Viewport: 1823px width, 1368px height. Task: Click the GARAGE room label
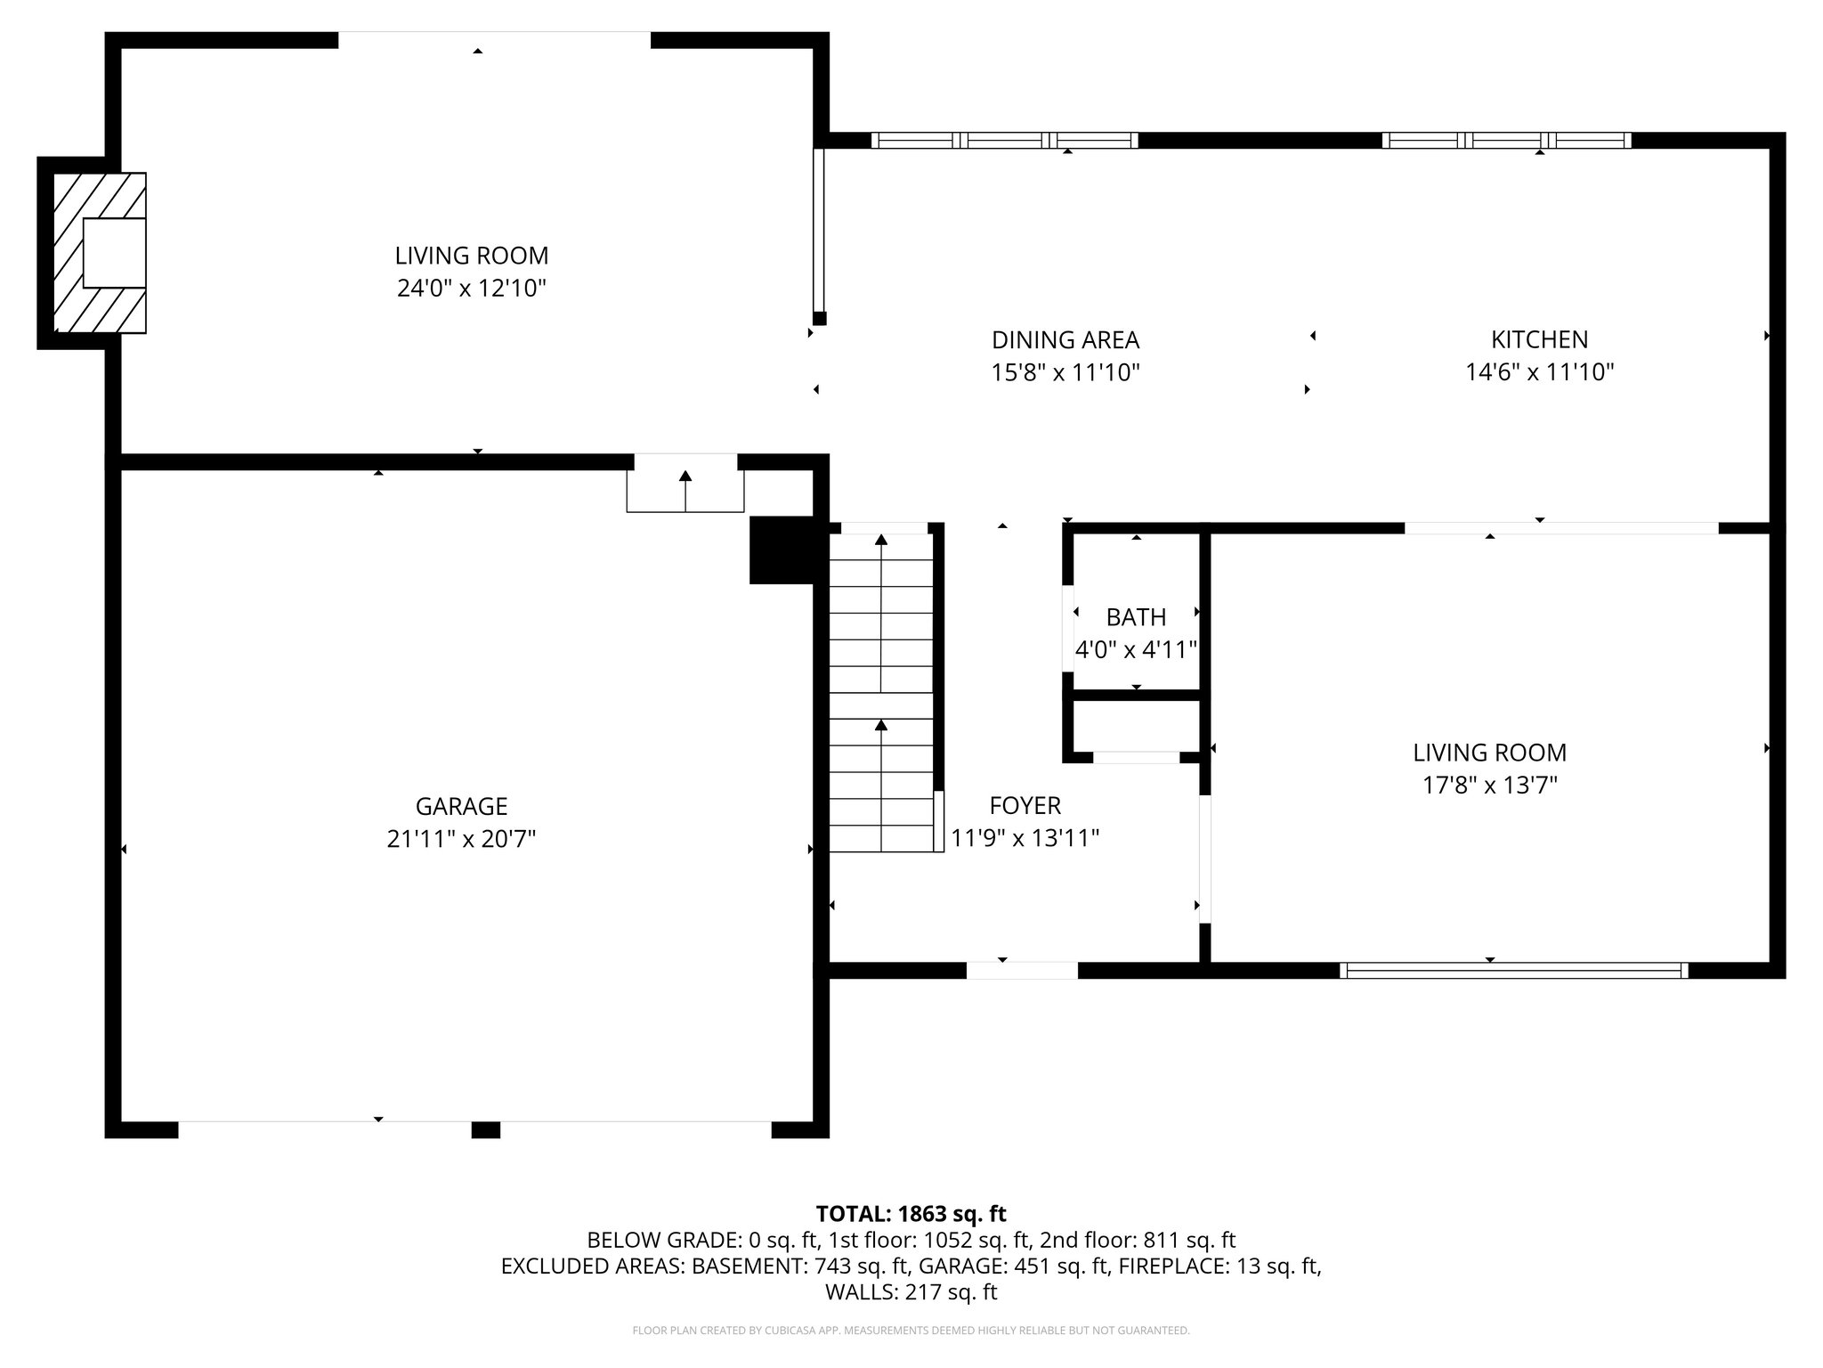coord(461,806)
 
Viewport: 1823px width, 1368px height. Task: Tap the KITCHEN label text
coord(1539,339)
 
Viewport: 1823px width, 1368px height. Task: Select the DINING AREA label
coord(1065,339)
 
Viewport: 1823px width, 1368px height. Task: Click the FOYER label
coord(1025,806)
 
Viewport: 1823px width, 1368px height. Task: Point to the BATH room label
coord(1136,617)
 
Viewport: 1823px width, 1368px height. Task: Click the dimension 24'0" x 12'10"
coord(471,289)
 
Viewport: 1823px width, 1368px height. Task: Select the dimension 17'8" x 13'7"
coord(1489,785)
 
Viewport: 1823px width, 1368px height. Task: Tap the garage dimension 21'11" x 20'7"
coord(461,839)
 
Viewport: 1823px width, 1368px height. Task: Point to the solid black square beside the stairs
coord(782,550)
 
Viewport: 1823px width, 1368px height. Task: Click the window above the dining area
coord(1004,140)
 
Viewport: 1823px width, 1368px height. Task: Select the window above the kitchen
coord(1506,140)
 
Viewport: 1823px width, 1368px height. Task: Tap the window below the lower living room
coord(1513,971)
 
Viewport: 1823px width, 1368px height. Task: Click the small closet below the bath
coord(1136,726)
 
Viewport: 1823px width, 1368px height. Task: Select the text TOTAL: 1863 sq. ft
coord(911,1214)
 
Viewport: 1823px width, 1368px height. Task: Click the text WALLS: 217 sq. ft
coord(911,1291)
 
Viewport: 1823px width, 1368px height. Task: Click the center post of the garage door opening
coord(485,1130)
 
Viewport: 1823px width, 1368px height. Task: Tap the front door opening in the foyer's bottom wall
coord(1022,971)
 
